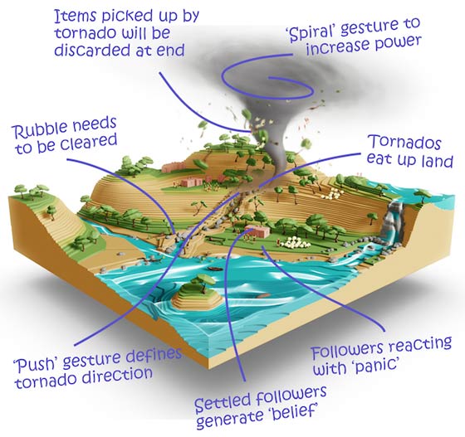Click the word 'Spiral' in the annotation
point(311,32)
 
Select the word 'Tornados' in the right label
point(404,142)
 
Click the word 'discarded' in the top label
point(91,51)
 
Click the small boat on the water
point(215,269)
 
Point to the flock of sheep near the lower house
point(294,242)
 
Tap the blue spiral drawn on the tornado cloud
point(266,77)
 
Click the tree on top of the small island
point(203,280)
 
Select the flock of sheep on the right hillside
point(333,193)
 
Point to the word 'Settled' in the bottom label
point(223,403)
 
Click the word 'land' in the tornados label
point(437,162)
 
